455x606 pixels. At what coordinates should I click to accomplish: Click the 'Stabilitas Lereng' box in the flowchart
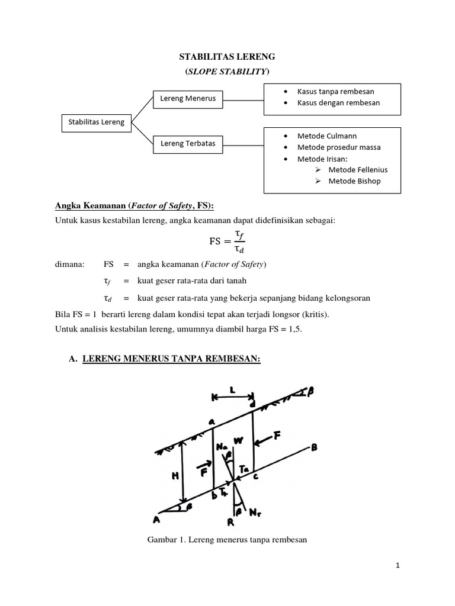point(96,123)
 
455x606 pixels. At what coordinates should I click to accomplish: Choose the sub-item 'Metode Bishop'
point(354,181)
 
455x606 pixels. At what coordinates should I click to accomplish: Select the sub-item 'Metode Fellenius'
point(358,170)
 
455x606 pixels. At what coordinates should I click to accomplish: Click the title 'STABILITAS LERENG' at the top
point(227,57)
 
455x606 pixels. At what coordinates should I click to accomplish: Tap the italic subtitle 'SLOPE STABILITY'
point(227,72)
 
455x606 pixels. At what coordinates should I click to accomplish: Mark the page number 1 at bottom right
point(398,566)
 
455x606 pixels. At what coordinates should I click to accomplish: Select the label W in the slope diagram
point(238,441)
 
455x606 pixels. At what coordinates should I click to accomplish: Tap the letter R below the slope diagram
point(230,523)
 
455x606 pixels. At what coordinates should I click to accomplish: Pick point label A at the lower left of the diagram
point(157,520)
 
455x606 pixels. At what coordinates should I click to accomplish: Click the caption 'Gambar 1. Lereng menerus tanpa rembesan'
point(227,540)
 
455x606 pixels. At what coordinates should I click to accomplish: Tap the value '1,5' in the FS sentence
point(293,328)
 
